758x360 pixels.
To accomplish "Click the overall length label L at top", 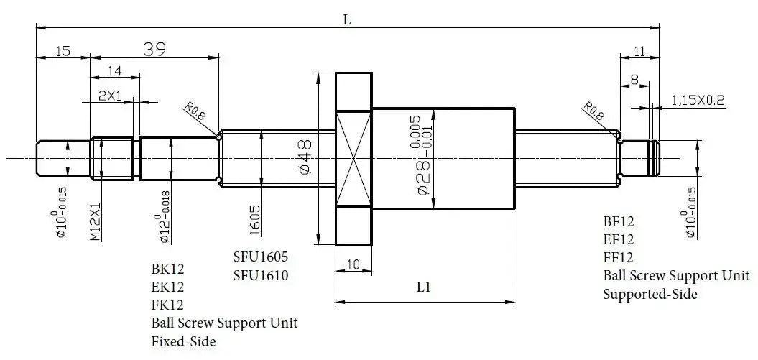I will click(346, 20).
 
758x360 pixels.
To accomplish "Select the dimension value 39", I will click(154, 49).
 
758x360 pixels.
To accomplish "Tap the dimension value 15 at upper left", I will click(63, 51).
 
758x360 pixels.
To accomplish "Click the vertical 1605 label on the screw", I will click(256, 218).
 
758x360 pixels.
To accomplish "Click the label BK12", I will click(167, 269).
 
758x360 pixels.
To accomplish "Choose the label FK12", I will click(167, 304).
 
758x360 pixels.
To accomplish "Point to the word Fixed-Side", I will click(183, 341).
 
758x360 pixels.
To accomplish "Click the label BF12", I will click(619, 221).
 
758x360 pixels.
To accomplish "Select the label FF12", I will click(618, 257).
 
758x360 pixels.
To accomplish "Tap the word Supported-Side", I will click(650, 293).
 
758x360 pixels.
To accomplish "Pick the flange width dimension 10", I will click(353, 264).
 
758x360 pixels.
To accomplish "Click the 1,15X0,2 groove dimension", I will click(698, 100).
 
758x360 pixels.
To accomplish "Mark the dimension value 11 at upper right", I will click(641, 50).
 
